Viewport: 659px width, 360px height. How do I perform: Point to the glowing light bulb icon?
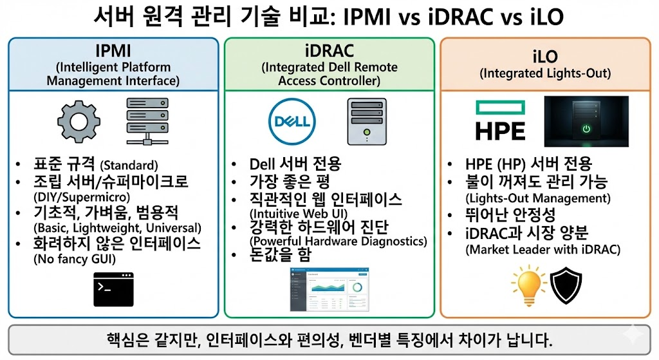525,286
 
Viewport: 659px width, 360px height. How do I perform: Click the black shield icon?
566,285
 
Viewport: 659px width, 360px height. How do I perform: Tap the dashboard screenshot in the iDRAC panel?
329,289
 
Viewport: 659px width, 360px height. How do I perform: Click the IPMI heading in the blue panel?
113,50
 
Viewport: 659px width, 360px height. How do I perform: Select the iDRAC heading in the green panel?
329,50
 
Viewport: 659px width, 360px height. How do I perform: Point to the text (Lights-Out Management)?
539,198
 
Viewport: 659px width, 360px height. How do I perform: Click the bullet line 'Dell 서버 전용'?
295,164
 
